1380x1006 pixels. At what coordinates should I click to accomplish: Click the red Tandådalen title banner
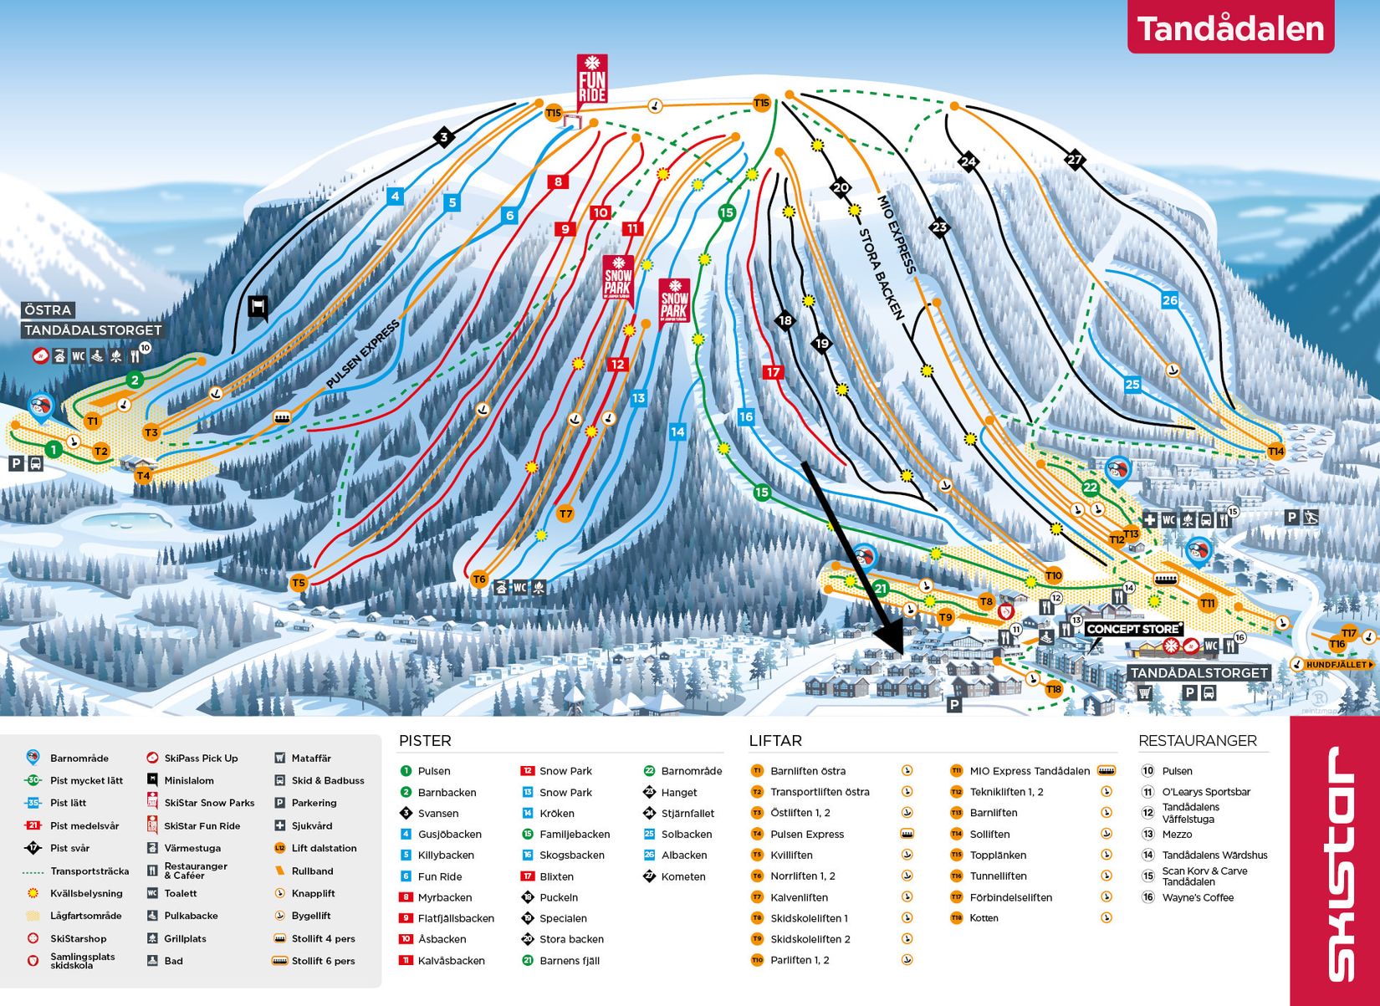point(1229,28)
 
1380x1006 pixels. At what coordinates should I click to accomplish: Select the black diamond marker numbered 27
point(1075,159)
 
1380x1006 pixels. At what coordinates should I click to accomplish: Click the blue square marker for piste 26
point(1169,300)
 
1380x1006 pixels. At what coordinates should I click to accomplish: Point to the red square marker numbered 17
point(773,372)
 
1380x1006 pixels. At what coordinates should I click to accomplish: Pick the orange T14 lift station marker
point(1275,452)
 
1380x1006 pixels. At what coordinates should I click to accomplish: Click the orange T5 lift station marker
point(299,583)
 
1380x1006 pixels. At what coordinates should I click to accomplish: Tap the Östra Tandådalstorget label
point(91,320)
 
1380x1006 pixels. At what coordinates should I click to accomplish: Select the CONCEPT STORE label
point(1133,629)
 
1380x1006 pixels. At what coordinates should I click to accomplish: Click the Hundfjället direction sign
point(1334,665)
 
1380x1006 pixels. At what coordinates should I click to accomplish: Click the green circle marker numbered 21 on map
point(880,589)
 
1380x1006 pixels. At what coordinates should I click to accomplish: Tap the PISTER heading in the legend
point(424,741)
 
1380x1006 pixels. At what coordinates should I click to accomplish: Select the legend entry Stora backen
point(562,939)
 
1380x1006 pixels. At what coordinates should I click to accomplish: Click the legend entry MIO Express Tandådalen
point(1029,771)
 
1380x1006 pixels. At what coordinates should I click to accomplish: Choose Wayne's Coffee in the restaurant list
point(1197,897)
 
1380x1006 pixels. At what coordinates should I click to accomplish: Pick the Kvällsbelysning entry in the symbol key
point(85,893)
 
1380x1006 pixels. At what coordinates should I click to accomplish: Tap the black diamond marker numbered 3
point(444,137)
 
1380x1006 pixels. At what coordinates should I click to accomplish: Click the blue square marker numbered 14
point(677,432)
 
